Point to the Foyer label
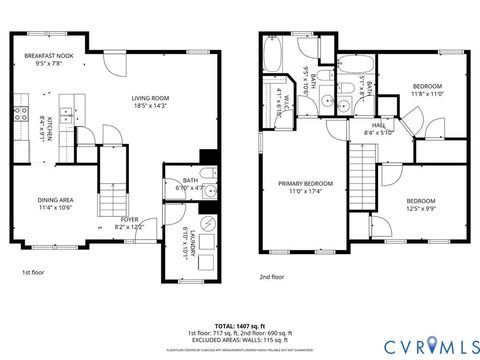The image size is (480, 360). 130,219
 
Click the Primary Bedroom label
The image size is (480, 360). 305,184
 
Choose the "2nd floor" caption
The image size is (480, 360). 272,277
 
